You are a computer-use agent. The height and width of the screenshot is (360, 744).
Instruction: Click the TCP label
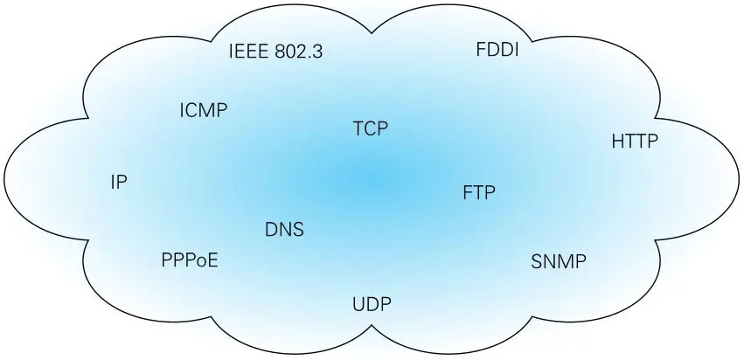coord(370,129)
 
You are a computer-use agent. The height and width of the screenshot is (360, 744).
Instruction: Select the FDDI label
coord(497,50)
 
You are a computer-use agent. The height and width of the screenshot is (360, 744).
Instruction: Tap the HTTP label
coord(634,140)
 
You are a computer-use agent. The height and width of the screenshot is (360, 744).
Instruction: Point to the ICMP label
coord(203,110)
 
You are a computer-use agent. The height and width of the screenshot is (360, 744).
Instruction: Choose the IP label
coord(120,182)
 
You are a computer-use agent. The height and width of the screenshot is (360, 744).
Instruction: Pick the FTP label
coord(479,192)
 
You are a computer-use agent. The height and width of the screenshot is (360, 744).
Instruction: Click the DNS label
coord(284,231)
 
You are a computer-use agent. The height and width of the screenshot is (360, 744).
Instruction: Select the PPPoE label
coord(190,260)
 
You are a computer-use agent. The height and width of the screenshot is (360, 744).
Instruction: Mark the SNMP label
coord(559,261)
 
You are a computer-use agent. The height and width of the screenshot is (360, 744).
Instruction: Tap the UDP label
coord(372,304)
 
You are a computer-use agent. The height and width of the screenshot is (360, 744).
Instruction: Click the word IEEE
coord(248,51)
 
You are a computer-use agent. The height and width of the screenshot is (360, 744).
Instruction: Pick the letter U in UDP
coord(358,304)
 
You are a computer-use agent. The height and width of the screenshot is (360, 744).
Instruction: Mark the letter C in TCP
coord(370,129)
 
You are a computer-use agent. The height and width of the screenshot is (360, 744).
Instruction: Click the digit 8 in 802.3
coord(280,51)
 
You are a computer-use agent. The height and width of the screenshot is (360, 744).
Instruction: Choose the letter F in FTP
coord(467,192)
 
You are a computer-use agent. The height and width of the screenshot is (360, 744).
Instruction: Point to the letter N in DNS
coord(284,231)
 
